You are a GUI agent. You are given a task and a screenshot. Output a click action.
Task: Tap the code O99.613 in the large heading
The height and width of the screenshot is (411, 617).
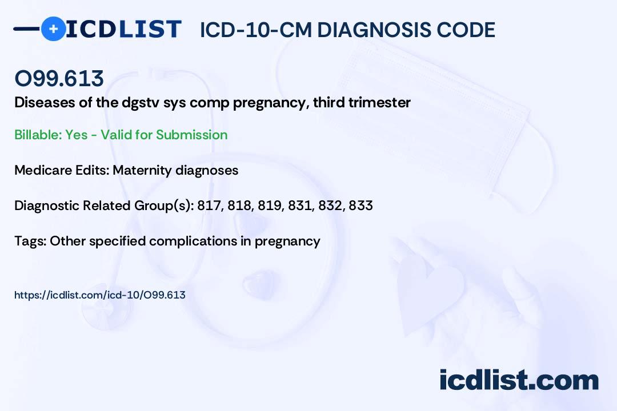pos(59,78)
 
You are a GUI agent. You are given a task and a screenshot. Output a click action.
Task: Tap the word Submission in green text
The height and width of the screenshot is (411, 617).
pos(191,135)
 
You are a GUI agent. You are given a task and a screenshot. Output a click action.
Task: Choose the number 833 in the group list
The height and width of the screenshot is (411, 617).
pos(360,205)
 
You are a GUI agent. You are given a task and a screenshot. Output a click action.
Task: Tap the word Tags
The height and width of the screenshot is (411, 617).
pos(29,241)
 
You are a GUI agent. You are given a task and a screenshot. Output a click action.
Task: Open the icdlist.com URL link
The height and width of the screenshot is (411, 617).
pos(100,295)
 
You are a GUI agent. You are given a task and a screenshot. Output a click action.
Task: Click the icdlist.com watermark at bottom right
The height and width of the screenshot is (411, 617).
pos(519,380)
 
